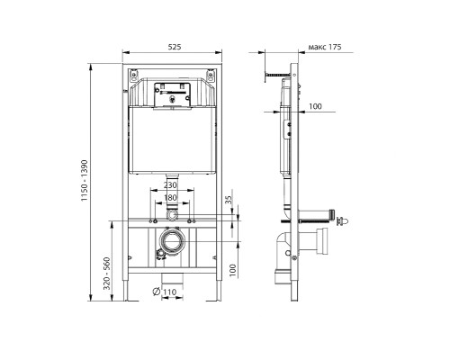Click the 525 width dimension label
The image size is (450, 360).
(x=175, y=47)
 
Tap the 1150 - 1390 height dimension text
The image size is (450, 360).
(x=85, y=181)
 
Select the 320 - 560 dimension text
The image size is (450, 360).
(x=107, y=274)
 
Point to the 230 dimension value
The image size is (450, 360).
(x=170, y=185)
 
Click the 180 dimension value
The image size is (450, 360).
(x=170, y=198)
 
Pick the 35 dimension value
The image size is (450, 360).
(x=229, y=200)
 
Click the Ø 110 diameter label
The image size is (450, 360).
(x=165, y=292)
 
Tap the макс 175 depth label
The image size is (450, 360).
(x=325, y=47)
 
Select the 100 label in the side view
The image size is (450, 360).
(x=315, y=106)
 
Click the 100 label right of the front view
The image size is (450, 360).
(x=232, y=271)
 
